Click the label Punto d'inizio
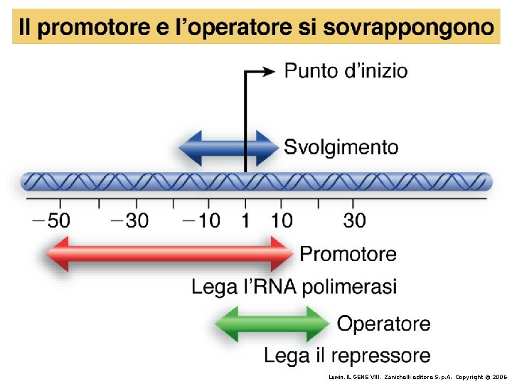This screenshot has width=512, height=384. pyautogui.click(x=346, y=71)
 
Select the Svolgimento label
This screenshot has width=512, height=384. pyautogui.click(x=341, y=147)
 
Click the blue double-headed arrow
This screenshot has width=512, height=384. pyautogui.click(x=227, y=149)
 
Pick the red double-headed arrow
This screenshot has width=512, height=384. pyautogui.click(x=169, y=253)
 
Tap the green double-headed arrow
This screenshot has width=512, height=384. pyautogui.click(x=272, y=324)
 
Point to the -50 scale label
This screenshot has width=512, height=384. pyautogui.click(x=51, y=220)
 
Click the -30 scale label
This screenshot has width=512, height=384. pyautogui.click(x=129, y=220)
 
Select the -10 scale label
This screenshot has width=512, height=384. pyautogui.click(x=202, y=220)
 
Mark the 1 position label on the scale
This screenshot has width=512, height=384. pyautogui.click(x=245, y=220)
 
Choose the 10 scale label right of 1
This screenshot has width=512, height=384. pyautogui.click(x=282, y=220)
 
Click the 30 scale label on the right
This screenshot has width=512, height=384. pyautogui.click(x=354, y=220)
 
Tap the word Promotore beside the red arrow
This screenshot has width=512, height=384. pyautogui.click(x=348, y=253)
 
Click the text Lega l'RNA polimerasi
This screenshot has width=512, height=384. pyautogui.click(x=294, y=287)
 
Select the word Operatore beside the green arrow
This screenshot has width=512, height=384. pyautogui.click(x=383, y=324)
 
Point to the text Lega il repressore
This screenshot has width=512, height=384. pyautogui.click(x=347, y=355)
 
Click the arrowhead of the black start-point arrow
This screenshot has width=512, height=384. pyautogui.click(x=267, y=70)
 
